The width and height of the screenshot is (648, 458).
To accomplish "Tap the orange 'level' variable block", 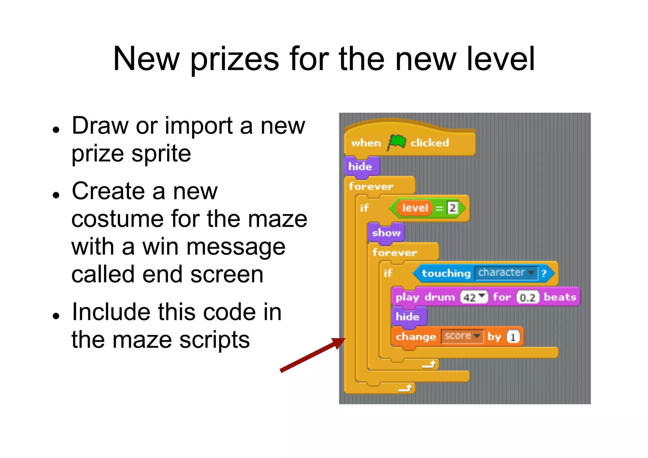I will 414,208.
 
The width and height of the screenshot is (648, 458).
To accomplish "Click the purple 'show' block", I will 386,233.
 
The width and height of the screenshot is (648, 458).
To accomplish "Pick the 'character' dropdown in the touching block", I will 506,273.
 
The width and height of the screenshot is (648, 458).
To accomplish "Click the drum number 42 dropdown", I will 473,297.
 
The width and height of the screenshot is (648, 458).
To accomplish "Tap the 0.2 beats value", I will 527,298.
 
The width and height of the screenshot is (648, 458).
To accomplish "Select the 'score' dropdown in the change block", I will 462,336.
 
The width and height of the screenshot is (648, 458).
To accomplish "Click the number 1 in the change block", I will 513,337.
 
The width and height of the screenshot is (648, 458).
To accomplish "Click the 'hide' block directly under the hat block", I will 360,166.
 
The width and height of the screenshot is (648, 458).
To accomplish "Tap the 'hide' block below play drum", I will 408,317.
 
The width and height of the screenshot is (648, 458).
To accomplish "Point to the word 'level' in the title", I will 501,59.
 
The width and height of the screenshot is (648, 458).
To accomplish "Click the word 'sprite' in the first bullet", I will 161,154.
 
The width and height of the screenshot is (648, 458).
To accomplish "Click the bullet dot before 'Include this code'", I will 56,316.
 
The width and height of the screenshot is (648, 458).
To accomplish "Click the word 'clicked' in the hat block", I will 430,143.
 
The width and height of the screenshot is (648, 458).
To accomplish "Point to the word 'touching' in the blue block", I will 446,273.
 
